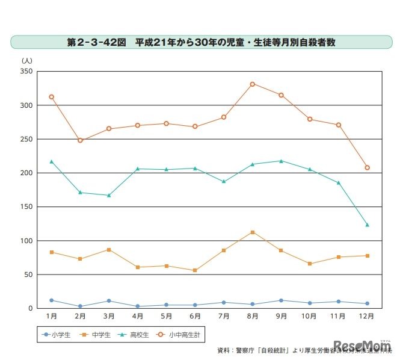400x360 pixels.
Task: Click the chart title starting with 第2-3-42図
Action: [202, 43]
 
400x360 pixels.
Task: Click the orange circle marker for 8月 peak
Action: [253, 84]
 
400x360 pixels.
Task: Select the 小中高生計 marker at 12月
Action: [367, 167]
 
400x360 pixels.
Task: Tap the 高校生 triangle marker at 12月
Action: [367, 225]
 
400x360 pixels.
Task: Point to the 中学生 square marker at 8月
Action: [253, 232]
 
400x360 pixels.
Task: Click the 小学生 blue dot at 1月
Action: [52, 300]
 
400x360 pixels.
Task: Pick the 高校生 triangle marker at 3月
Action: [109, 195]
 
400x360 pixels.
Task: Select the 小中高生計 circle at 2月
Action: [80, 140]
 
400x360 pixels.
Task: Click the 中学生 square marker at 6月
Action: [195, 270]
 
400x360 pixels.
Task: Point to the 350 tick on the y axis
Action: [26, 71]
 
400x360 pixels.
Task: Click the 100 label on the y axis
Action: [26, 241]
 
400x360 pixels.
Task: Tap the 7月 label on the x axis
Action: [224, 316]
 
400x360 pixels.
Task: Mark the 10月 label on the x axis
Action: [310, 316]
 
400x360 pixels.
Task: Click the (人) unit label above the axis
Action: [27, 60]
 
